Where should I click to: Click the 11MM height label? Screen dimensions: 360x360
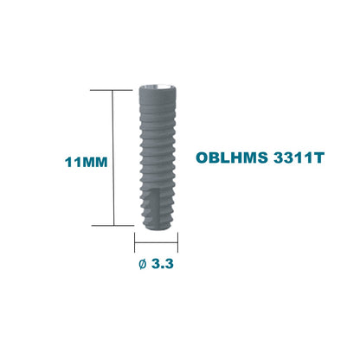(86, 162)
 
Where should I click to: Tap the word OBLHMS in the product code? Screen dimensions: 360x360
(232, 157)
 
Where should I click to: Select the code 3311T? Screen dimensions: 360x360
(299, 157)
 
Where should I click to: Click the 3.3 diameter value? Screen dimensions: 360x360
(163, 264)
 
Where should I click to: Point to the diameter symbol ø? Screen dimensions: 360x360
(143, 264)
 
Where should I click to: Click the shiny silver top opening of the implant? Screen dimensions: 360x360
(157, 87)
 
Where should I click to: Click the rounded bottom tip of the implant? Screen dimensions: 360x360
(157, 227)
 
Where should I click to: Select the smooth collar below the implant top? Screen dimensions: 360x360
(157, 98)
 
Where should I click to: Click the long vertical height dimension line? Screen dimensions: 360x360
(113, 157)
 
